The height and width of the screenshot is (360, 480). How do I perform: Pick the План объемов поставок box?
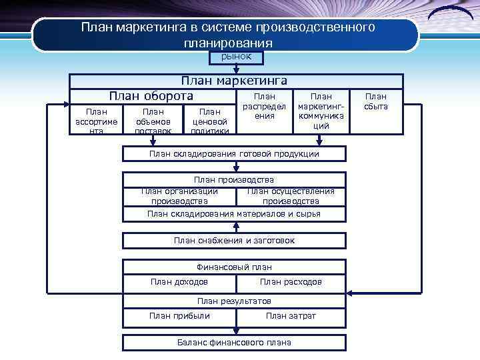click(x=153, y=121)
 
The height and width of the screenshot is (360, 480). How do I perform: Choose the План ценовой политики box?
click(x=209, y=121)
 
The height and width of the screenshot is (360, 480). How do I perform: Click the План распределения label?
click(x=264, y=107)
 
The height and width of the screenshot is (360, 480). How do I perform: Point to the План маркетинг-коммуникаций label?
click(x=321, y=111)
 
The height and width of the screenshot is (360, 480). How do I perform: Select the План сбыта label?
click(x=377, y=101)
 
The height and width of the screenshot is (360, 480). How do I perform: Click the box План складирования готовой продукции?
click(x=234, y=154)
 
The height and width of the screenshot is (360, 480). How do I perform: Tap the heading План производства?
click(x=234, y=179)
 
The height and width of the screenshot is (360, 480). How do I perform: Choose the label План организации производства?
click(x=179, y=196)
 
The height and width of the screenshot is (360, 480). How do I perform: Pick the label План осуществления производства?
click(x=291, y=196)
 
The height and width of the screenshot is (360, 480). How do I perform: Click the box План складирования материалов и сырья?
click(x=234, y=214)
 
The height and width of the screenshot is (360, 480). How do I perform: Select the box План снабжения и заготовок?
click(x=234, y=240)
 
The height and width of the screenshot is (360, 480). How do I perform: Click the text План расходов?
click(x=291, y=282)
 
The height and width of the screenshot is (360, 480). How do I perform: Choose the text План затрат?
click(x=291, y=316)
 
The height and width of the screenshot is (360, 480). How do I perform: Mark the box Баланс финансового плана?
click(x=234, y=343)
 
